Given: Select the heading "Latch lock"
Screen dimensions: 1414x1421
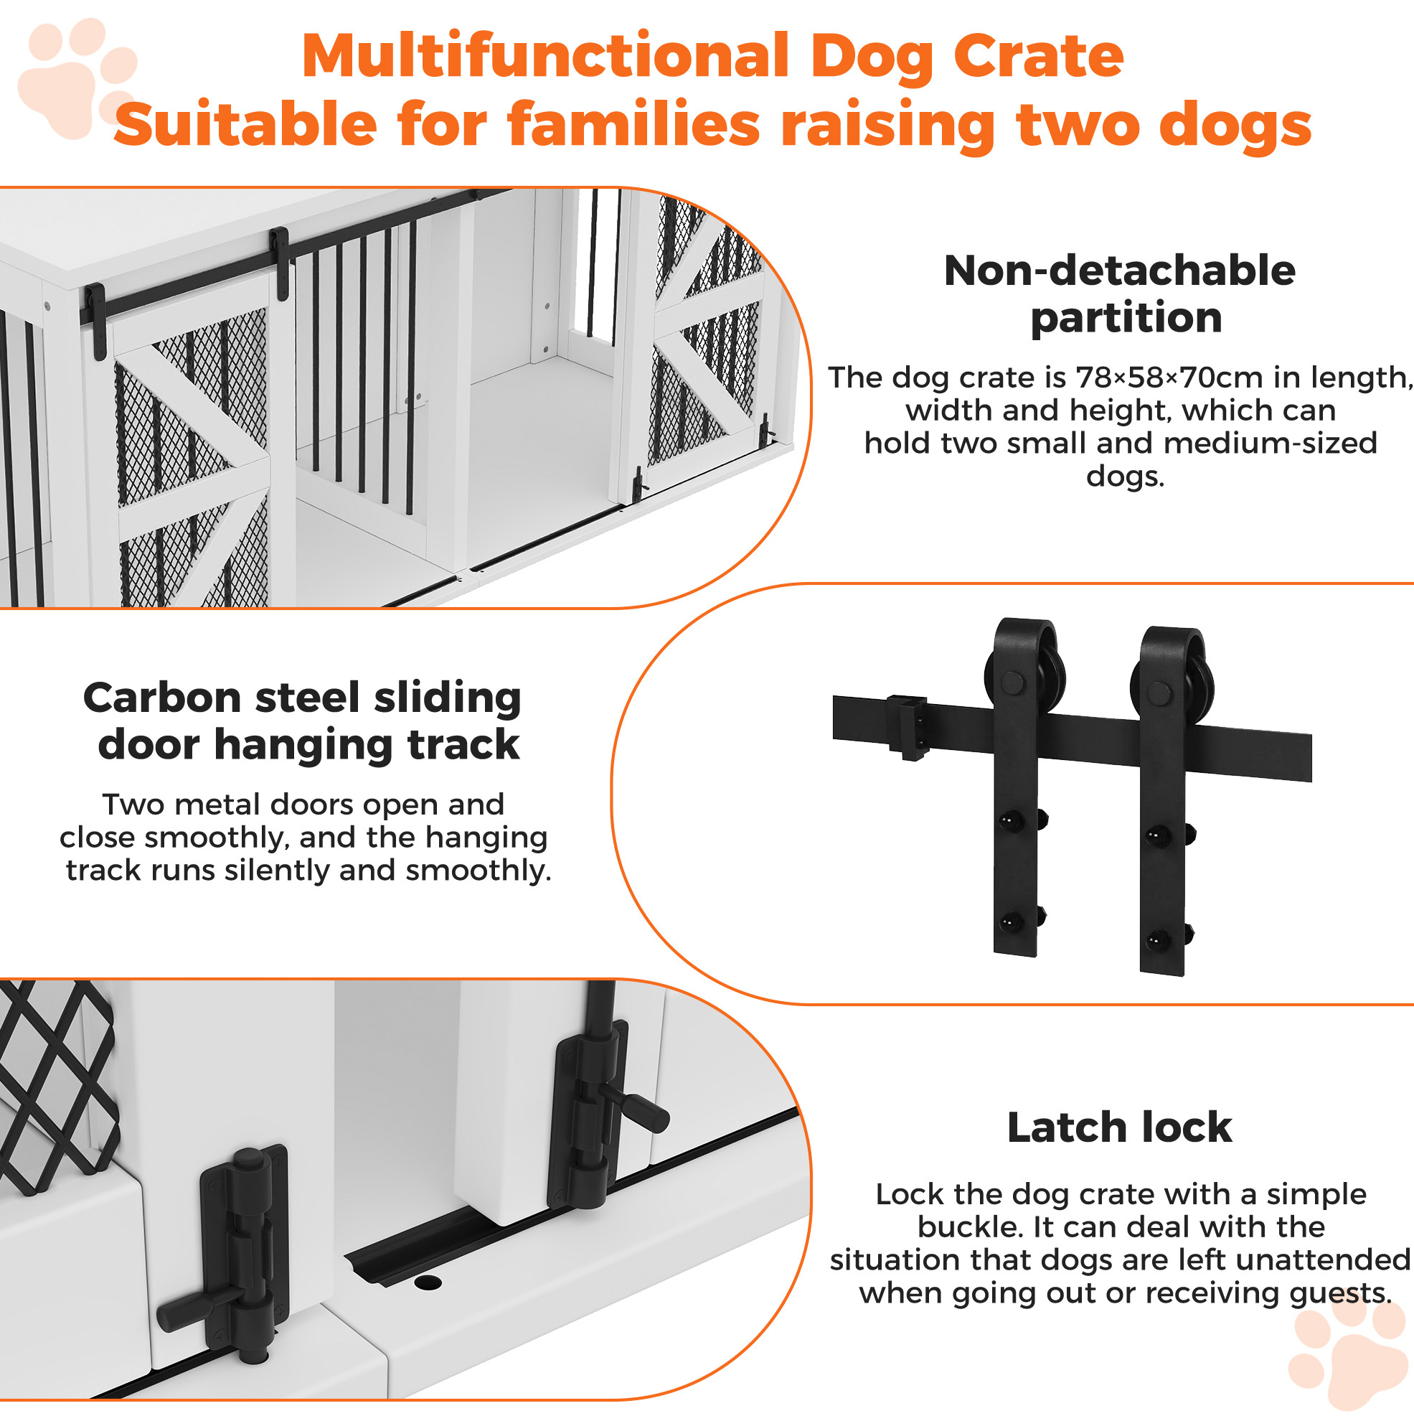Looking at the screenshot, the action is [1119, 1127].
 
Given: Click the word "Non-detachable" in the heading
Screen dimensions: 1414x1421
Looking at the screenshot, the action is [1119, 270].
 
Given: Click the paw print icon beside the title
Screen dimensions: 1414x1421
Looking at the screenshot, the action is [77, 79].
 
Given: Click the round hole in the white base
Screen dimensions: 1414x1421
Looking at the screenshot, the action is [428, 1282].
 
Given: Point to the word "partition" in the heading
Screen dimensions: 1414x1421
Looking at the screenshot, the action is [1126, 319].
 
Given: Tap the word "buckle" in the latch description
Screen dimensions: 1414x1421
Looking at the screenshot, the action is [969, 1227].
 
